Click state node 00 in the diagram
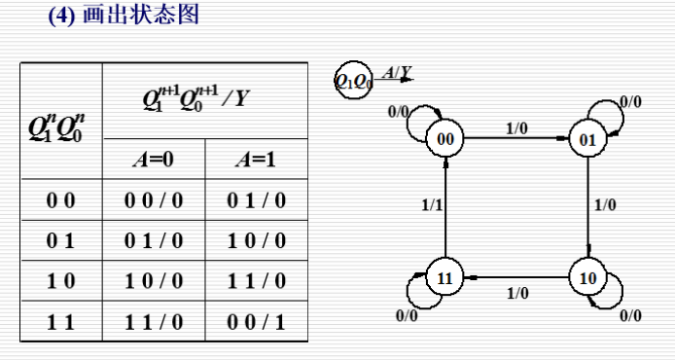tap(444, 139)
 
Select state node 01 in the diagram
tap(586, 139)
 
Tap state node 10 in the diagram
tap(586, 277)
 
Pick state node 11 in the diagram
tap(444, 277)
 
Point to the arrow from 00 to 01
tap(515, 139)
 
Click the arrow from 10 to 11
tap(515, 277)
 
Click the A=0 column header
tap(154, 160)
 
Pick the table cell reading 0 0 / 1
tap(257, 321)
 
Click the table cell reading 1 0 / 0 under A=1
tap(257, 240)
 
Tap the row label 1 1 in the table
tap(60, 321)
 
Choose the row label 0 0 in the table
tap(60, 201)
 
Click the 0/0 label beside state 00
tap(398, 111)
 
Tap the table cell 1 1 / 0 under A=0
tap(154, 321)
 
